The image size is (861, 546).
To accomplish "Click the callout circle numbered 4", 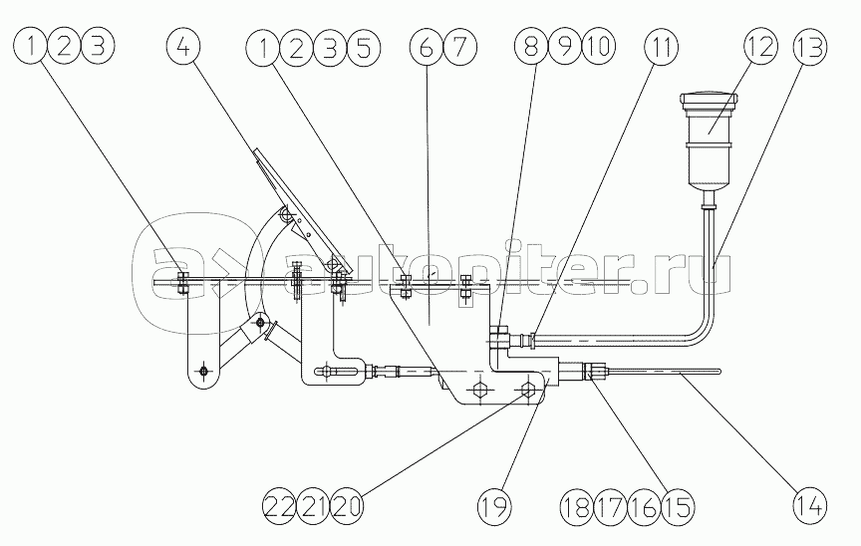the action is coord(183,46).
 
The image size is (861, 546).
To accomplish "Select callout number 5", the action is coord(363,48).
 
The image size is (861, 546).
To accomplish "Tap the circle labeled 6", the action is coord(427,47).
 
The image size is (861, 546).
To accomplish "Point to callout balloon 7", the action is coord(459,47).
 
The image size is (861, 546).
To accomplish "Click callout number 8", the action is coord(531,46).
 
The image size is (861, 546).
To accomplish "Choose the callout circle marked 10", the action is coord(599,46).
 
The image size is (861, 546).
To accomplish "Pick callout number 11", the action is coord(661,46).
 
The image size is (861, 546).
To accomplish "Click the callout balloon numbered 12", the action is coord(760,46).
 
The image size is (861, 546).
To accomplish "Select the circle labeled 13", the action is coord(810,46).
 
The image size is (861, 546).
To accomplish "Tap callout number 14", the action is coord(810,505).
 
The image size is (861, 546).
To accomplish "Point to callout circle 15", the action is coord(678,506).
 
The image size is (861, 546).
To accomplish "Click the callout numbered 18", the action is coord(577,506).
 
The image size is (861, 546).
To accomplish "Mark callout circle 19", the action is coord(494,505).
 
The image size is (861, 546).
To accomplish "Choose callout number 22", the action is coord(279,505).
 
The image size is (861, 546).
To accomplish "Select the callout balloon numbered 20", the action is coord(347,505).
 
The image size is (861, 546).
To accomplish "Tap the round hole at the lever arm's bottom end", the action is coord(203,372).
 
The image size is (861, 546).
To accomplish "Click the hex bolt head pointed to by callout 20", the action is coord(527,391).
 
